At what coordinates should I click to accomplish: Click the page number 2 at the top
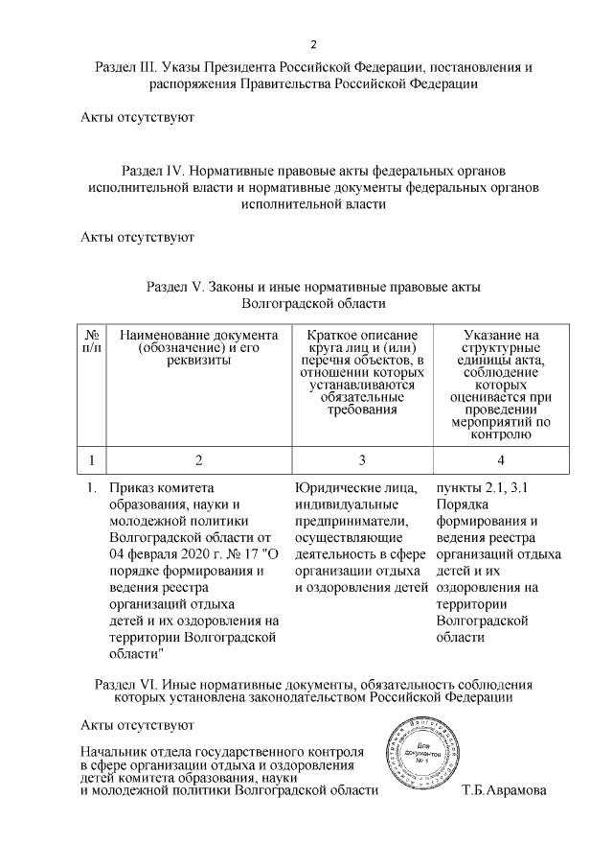coord(313,46)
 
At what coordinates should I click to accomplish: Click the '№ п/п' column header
coord(93,340)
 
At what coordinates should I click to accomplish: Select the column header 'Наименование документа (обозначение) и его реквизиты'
coord(199,347)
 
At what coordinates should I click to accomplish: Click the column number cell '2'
coord(199,459)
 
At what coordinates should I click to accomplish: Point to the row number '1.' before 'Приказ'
coord(93,488)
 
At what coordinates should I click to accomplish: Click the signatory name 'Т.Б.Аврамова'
coord(503,791)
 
